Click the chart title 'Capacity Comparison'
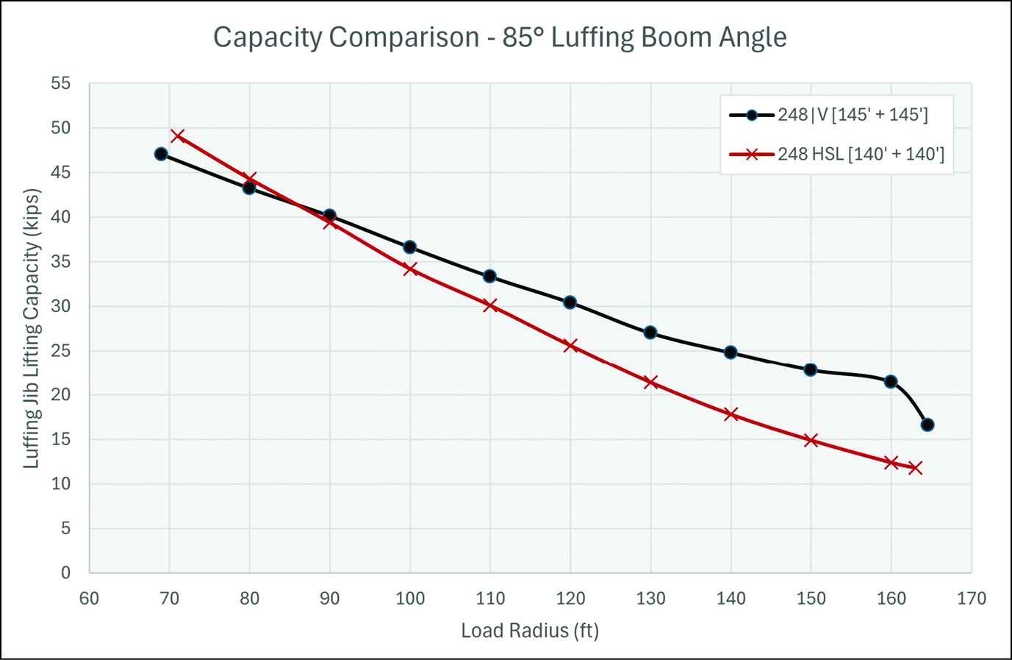tap(500, 37)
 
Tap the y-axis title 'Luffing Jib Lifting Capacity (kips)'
tap(32, 328)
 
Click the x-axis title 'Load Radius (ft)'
tap(530, 631)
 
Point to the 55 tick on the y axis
tap(61, 84)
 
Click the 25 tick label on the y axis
tap(61, 351)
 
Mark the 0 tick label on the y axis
tap(66, 573)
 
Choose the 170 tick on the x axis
tap(972, 599)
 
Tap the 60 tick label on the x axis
tap(89, 599)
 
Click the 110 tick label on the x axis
tap(490, 599)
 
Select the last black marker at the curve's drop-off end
tap(927, 425)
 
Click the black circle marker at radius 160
tap(891, 381)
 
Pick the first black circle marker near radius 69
tap(161, 154)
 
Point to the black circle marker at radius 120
tap(570, 302)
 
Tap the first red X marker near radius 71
tap(177, 136)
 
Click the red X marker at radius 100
tap(410, 269)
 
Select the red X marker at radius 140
tap(731, 414)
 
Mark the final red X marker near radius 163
tap(915, 468)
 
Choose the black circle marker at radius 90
tap(329, 216)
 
